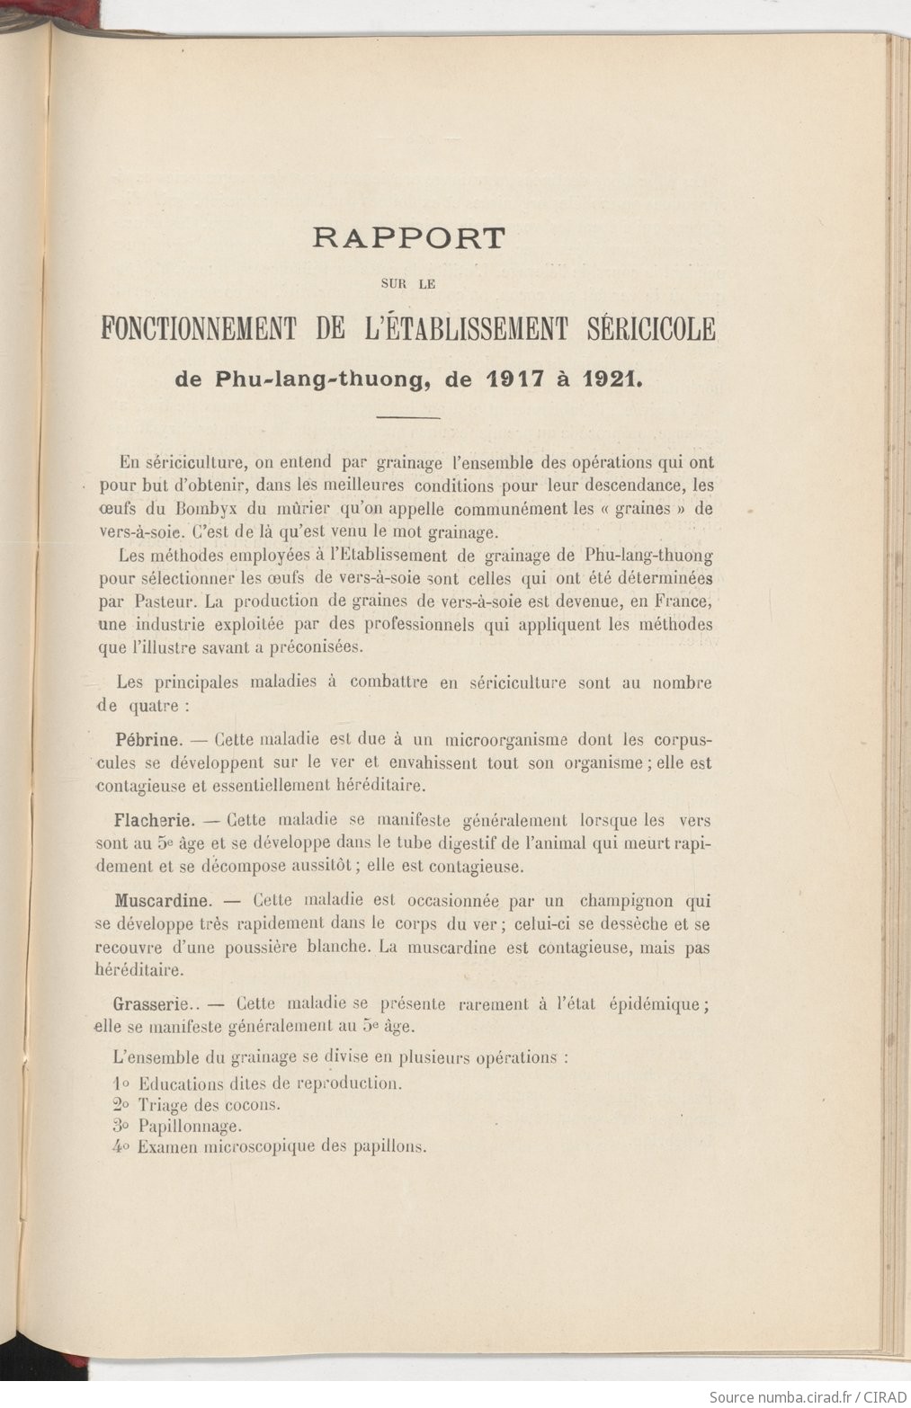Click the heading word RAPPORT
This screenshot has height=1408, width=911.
(409, 238)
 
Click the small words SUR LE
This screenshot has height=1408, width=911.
(408, 283)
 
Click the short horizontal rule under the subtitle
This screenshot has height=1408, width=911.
(408, 417)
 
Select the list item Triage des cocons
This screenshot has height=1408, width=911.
(209, 1105)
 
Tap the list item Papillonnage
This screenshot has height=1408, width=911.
(189, 1126)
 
